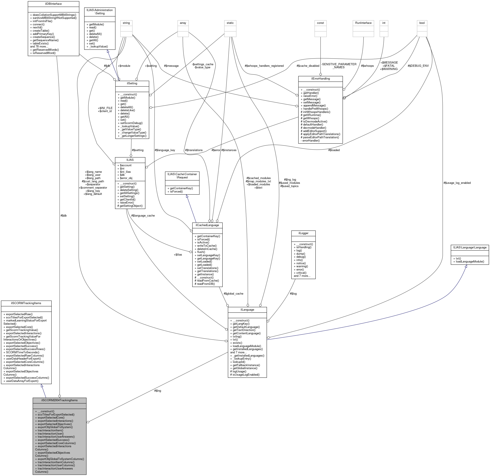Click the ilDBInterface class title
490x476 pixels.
pos(53,4)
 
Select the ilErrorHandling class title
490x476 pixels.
pos(320,78)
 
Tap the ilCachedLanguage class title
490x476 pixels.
pos(207,225)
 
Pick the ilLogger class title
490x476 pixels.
pos(303,233)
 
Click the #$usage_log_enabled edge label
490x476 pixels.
pos(457,183)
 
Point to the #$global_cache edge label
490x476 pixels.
pos(233,293)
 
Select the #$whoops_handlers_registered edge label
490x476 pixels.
pos(264,66)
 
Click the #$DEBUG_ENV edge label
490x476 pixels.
pos(418,66)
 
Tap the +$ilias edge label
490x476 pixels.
pos(178,255)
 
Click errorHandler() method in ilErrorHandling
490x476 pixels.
pos(310,140)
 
